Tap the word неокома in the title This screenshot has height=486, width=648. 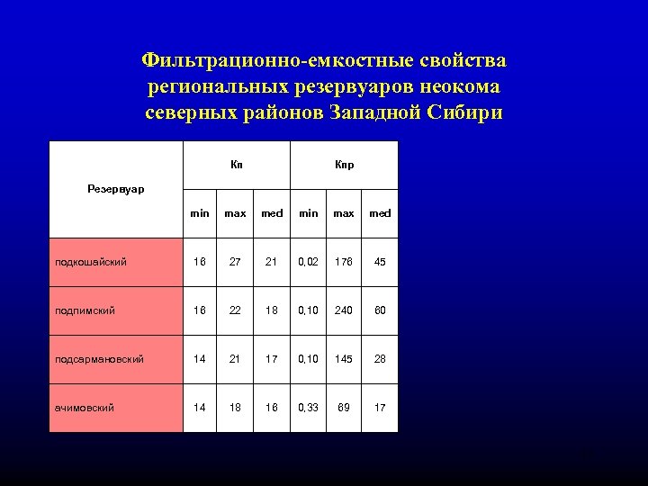click(x=457, y=87)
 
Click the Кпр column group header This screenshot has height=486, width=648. click(x=344, y=165)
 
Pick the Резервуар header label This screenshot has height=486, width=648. click(x=116, y=189)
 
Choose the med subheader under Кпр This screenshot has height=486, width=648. click(x=380, y=213)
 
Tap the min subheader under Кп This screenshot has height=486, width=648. click(x=200, y=213)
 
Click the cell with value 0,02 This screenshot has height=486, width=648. click(x=308, y=262)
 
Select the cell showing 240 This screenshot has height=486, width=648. click(x=344, y=310)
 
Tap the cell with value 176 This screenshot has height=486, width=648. click(x=344, y=262)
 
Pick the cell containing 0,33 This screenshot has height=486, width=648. click(x=308, y=408)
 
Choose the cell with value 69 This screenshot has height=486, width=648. click(x=344, y=408)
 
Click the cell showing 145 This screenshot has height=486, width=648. click(x=344, y=359)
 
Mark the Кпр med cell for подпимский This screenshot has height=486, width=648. click(x=380, y=310)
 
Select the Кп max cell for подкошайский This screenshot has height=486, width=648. click(x=236, y=262)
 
